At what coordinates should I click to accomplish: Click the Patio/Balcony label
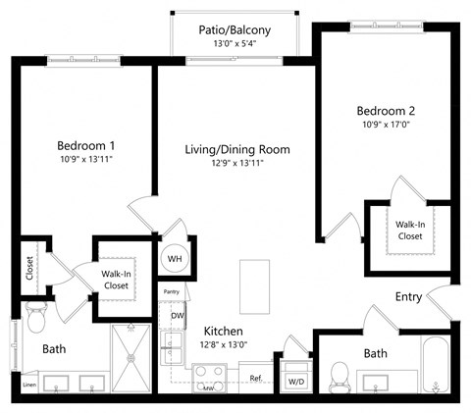click(234, 30)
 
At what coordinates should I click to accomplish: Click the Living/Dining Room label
click(237, 149)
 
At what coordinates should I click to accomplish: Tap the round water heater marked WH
click(175, 258)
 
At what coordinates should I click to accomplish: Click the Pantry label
click(171, 291)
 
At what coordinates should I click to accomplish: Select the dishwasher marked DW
click(177, 315)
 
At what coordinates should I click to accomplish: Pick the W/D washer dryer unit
click(295, 379)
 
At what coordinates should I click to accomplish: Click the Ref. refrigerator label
click(255, 378)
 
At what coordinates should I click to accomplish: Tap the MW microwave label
click(208, 388)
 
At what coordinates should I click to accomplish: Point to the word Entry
click(409, 296)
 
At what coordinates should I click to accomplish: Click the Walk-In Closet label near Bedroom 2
click(409, 231)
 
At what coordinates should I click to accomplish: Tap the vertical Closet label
click(29, 269)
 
